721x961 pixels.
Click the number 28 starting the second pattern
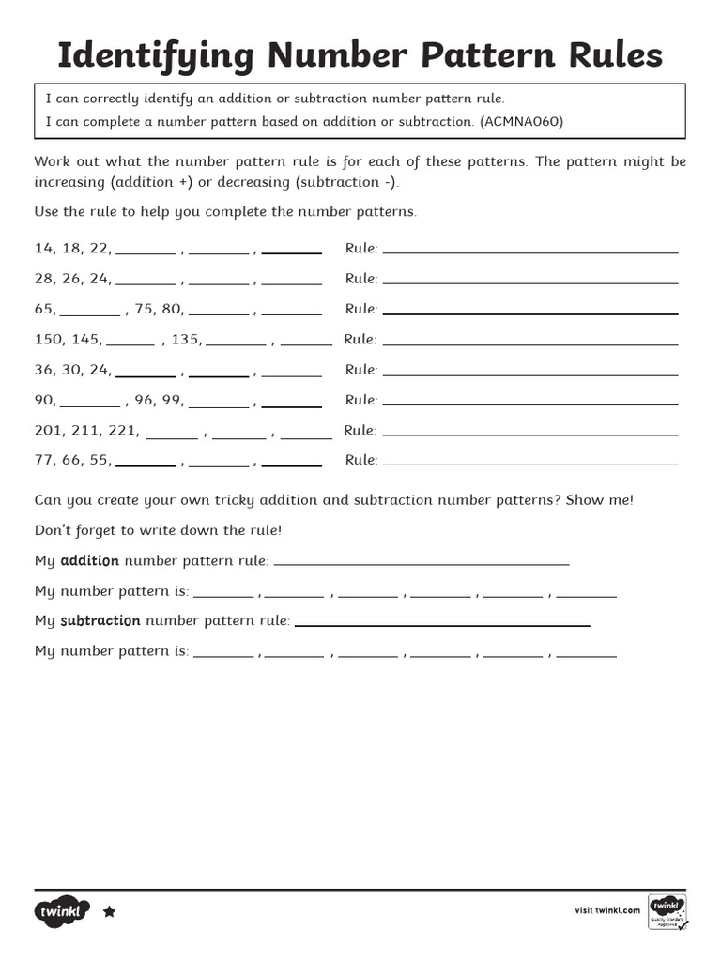tap(44, 279)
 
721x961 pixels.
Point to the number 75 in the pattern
tap(144, 309)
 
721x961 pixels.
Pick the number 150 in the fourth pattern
tap(48, 339)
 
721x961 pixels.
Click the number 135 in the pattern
tap(185, 339)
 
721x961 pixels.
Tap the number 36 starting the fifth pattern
tap(44, 370)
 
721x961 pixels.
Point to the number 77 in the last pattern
tap(44, 460)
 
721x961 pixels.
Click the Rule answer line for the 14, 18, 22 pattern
tap(530, 252)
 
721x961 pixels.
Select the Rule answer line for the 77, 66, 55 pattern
tap(530, 464)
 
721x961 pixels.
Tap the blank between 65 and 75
tap(90, 313)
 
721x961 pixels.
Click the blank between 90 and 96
tap(90, 404)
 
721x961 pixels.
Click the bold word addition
tap(89, 561)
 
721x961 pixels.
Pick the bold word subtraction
tap(100, 621)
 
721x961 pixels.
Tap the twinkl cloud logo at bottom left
tap(62, 911)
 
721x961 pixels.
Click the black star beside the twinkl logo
tap(109, 911)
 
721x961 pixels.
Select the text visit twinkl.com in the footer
tap(607, 910)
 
